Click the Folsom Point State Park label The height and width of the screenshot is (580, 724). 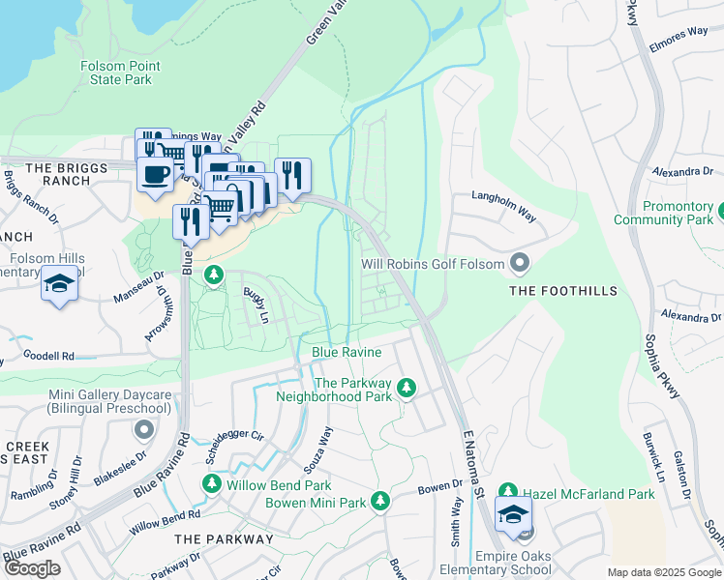click(121, 72)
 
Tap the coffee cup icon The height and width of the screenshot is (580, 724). click(156, 175)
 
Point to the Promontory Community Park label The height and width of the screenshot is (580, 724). click(664, 214)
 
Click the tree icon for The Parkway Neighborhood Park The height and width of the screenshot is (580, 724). click(407, 388)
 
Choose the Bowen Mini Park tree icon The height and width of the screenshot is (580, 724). click(381, 501)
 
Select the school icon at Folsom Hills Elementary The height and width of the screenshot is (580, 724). click(60, 284)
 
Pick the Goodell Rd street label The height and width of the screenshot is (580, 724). click(47, 356)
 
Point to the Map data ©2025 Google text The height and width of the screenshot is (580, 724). click(663, 572)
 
